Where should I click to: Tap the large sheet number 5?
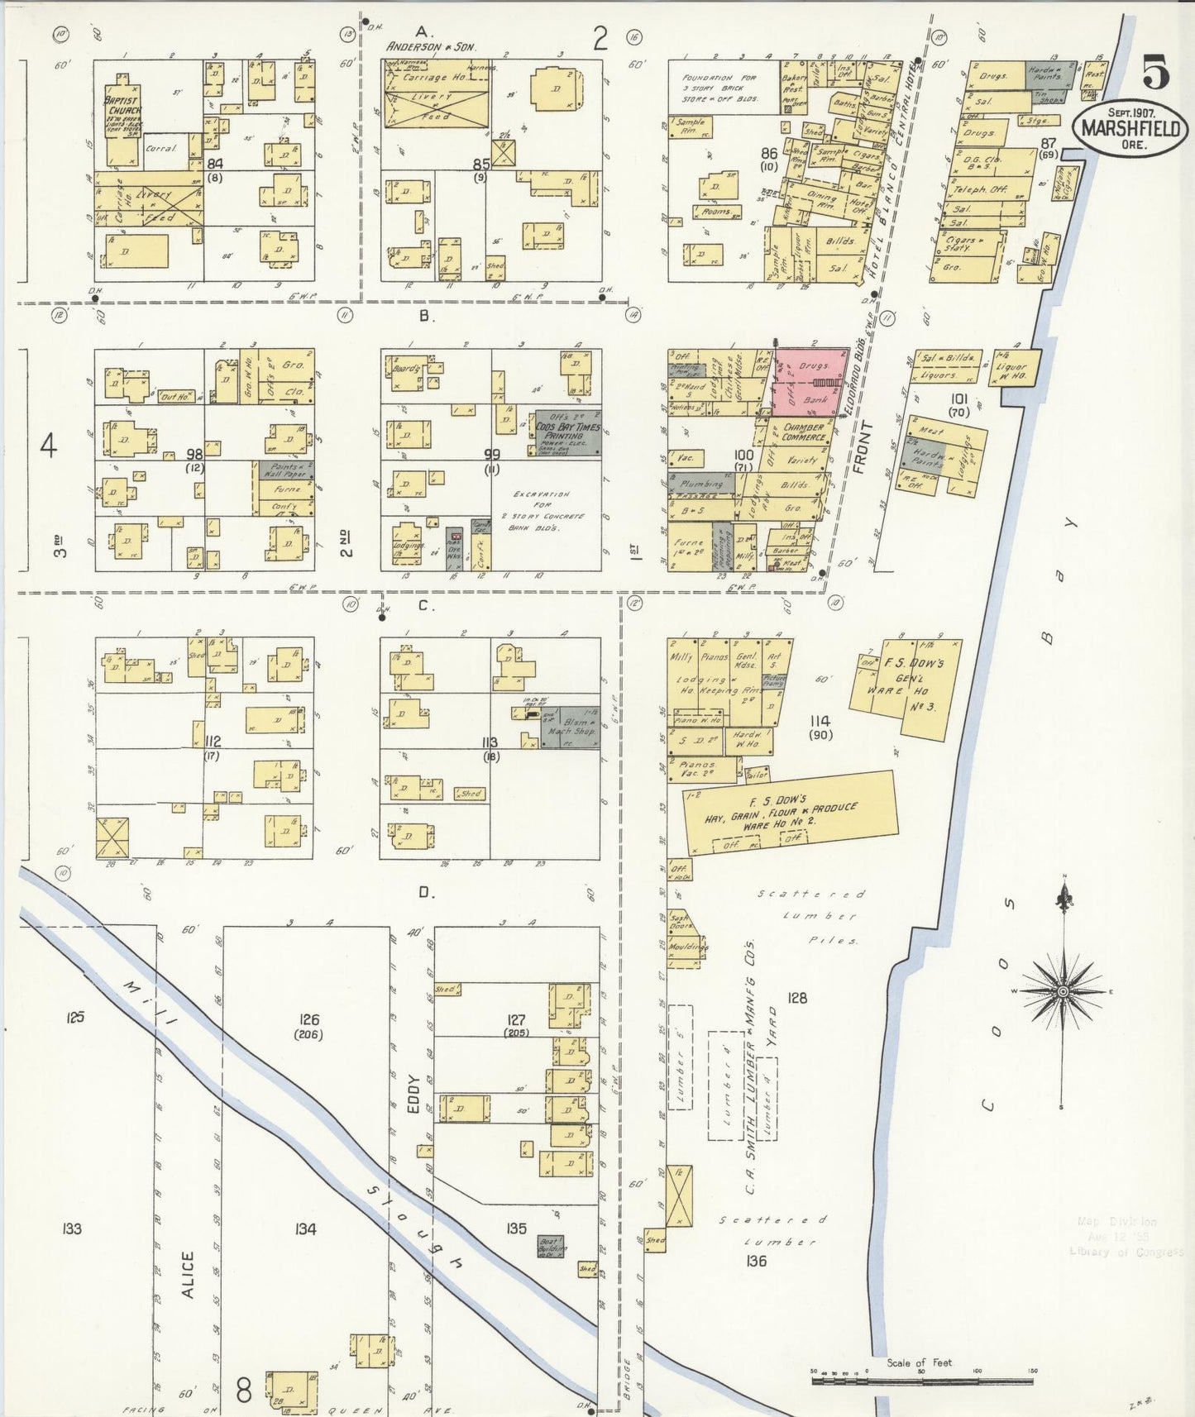[1156, 73]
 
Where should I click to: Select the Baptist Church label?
[122, 112]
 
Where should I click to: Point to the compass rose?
[1063, 990]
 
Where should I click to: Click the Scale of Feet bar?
[921, 1376]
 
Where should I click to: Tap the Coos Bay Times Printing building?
[567, 434]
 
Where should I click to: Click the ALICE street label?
[187, 1274]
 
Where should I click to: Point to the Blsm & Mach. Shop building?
[571, 727]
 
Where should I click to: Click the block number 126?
[309, 1020]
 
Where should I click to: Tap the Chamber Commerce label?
[804, 432]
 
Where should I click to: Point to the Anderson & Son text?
[432, 47]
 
